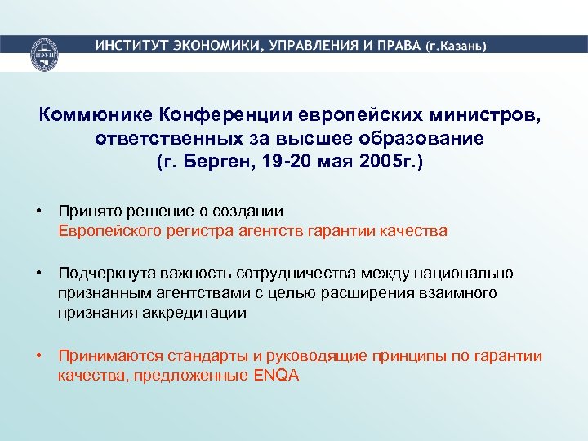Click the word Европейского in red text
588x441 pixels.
pos(109,230)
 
